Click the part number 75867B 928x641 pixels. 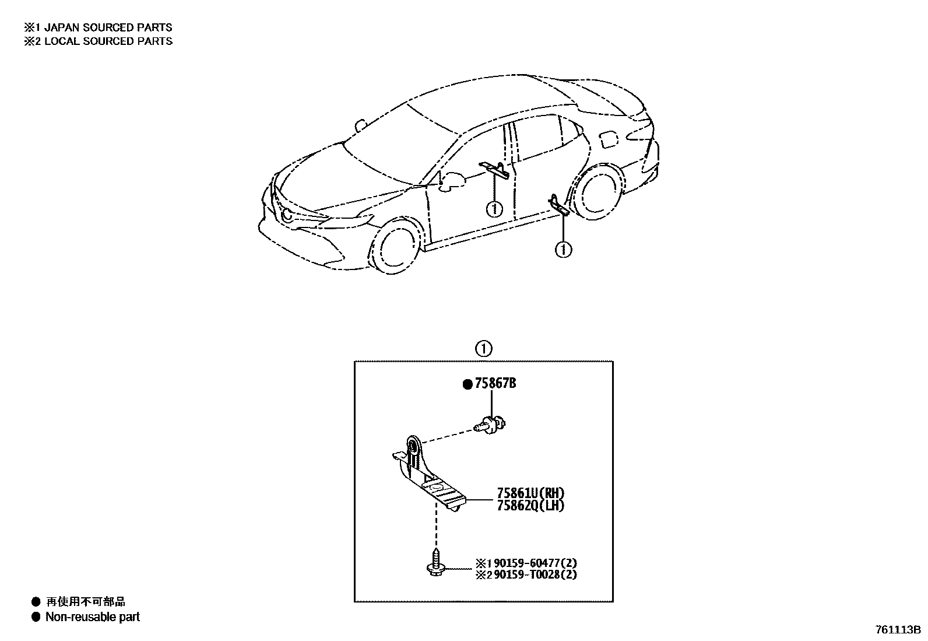pyautogui.click(x=495, y=384)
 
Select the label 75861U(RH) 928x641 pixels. pyautogui.click(x=530, y=493)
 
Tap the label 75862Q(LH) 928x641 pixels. pyautogui.click(x=530, y=506)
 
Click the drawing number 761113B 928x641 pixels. pyautogui.click(x=897, y=630)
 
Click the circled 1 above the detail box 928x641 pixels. pyautogui.click(x=483, y=349)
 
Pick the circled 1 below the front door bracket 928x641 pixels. pyautogui.click(x=494, y=208)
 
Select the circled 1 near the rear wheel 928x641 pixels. pyautogui.click(x=563, y=250)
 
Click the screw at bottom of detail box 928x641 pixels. pyautogui.click(x=435, y=563)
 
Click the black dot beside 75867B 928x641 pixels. pyautogui.click(x=467, y=384)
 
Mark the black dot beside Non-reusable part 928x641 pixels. pyautogui.click(x=36, y=617)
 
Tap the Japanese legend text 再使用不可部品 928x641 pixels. pyautogui.click(x=86, y=602)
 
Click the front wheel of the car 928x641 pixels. pyautogui.click(x=394, y=244)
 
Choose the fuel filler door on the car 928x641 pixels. pyautogui.click(x=608, y=139)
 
